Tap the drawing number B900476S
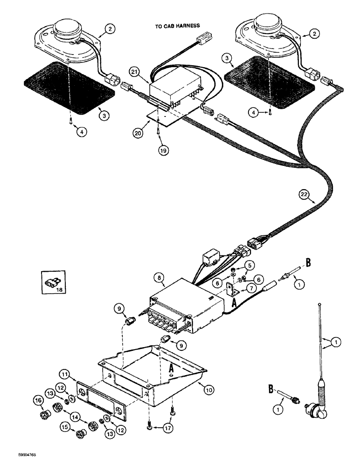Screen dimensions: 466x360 pyautogui.click(x=16, y=459)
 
